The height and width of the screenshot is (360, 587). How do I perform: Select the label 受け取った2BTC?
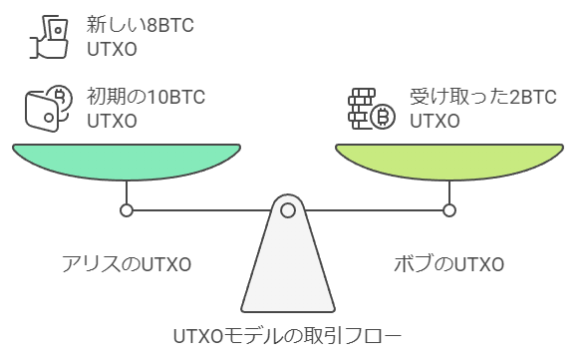[x=482, y=98]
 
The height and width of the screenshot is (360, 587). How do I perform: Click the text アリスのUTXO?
[x=124, y=264]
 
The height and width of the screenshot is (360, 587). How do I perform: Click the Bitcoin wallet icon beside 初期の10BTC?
[x=49, y=108]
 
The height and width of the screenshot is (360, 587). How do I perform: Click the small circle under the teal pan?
[x=126, y=210]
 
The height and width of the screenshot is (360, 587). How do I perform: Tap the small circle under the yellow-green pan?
[x=449, y=210]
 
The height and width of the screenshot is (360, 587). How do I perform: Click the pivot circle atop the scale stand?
[x=288, y=210]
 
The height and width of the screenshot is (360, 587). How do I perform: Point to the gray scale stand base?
[x=288, y=269]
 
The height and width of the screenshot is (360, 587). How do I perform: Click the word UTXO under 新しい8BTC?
[x=111, y=48]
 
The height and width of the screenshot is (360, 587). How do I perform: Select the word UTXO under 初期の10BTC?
[x=111, y=122]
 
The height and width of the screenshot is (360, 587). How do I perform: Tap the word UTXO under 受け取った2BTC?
[x=434, y=122]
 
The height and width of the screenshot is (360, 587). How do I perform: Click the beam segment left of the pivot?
[x=199, y=210]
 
